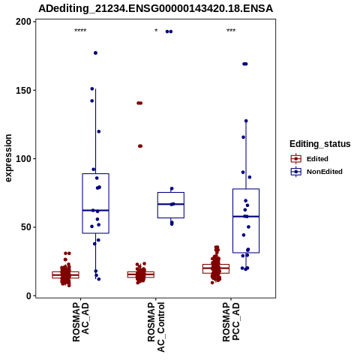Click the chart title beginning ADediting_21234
tap(155, 9)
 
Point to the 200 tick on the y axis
tap(23, 22)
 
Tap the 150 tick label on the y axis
tap(23, 90)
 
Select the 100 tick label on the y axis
tap(23, 159)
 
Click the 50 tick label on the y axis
tap(26, 227)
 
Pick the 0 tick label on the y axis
tap(29, 295)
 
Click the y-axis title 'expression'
tap(8, 158)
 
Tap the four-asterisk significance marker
tap(80, 31)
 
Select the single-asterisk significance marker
tap(156, 31)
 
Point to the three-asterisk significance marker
tap(231, 31)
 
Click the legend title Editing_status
tap(320, 144)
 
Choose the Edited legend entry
tap(309, 159)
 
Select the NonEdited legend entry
tap(316, 172)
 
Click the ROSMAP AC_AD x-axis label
tap(80, 322)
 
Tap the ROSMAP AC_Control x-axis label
tap(156, 327)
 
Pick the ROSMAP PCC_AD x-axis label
tap(231, 322)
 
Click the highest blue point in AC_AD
tap(95, 53)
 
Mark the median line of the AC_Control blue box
tap(171, 204)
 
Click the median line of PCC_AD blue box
tap(246, 216)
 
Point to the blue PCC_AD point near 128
tap(246, 121)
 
